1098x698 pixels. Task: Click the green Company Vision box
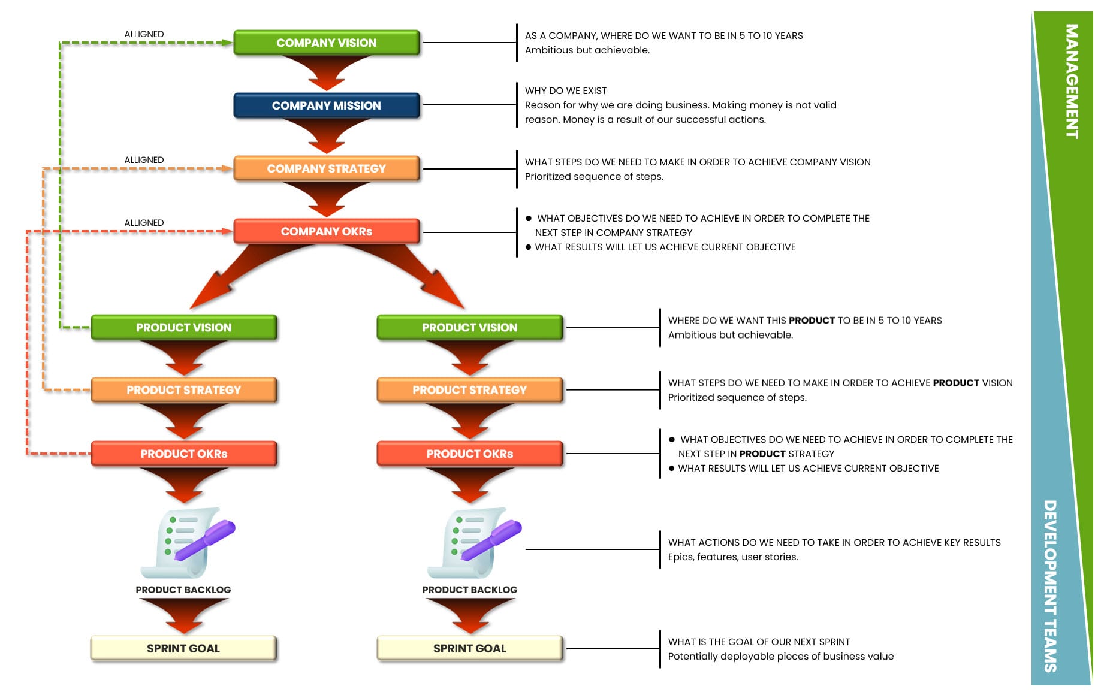click(x=327, y=43)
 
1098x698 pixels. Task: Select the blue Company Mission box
click(x=327, y=105)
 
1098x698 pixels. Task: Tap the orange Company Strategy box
click(x=327, y=168)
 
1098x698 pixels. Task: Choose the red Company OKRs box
click(x=327, y=231)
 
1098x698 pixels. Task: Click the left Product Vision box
click(x=184, y=327)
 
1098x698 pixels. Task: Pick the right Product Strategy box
click(x=470, y=390)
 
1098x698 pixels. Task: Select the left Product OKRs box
click(x=184, y=454)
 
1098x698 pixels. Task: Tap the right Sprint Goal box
click(x=470, y=648)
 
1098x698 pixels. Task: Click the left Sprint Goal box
click(x=183, y=648)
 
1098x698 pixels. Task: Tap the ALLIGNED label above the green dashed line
click(x=144, y=34)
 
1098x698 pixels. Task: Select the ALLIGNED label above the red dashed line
click(x=144, y=223)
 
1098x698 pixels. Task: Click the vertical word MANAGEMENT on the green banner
click(x=1072, y=81)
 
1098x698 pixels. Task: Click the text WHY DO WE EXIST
click(x=566, y=91)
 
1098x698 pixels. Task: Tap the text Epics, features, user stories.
click(x=733, y=557)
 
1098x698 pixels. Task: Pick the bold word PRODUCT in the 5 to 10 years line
click(x=812, y=321)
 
